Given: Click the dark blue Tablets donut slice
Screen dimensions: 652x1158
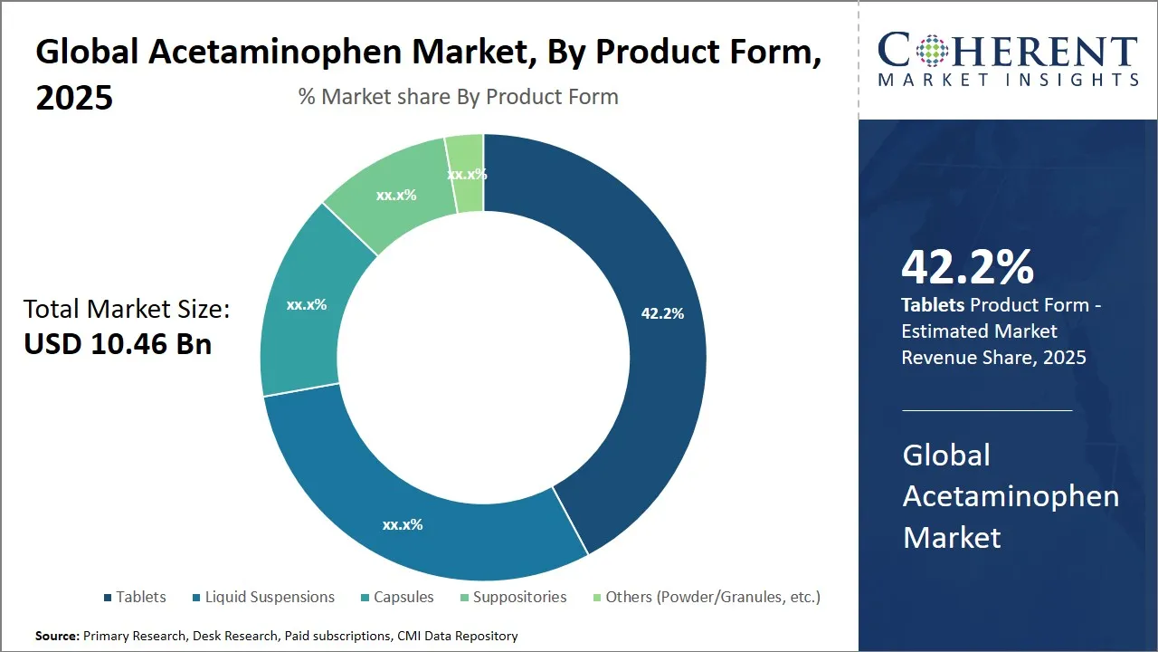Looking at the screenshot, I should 633,362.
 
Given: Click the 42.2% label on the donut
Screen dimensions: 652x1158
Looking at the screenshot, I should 662,313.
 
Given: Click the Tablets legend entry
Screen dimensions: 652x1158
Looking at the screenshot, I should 135,597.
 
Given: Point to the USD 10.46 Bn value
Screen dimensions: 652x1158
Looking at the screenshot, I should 118,344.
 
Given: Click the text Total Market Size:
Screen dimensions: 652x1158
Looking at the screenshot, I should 127,310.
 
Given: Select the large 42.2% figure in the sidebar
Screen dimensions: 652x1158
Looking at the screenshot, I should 967,268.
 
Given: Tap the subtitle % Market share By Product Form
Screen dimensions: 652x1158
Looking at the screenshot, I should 459,97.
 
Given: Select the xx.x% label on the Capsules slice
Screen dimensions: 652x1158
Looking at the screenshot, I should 307,305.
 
